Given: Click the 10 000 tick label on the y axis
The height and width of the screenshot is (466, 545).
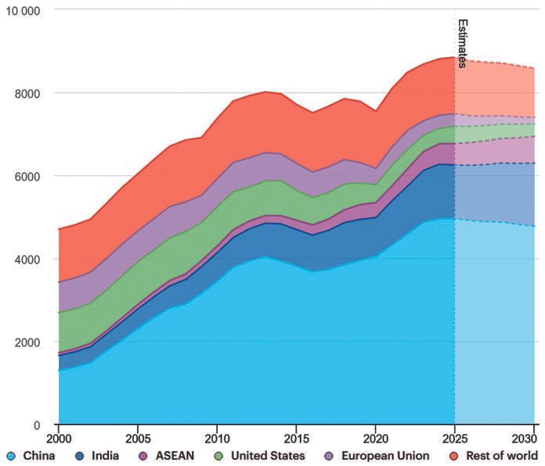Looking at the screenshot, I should tap(25, 10).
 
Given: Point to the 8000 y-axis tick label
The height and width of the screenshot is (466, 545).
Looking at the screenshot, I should tap(30, 93).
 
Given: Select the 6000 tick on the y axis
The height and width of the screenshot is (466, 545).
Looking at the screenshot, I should tap(30, 176).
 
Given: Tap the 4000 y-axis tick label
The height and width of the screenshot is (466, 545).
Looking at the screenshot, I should tap(30, 259).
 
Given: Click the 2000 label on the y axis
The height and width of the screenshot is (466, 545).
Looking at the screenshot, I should tap(30, 342).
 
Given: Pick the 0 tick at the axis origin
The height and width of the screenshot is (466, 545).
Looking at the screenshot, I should tap(45, 425).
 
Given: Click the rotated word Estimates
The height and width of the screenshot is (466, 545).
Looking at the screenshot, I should tap(463, 44).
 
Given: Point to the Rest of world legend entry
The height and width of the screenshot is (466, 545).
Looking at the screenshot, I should tap(491, 456).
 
